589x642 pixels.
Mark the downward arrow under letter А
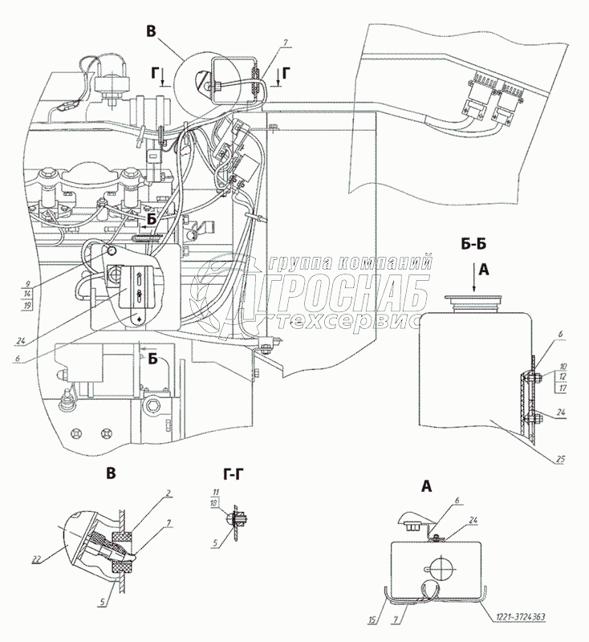click(481, 285)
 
